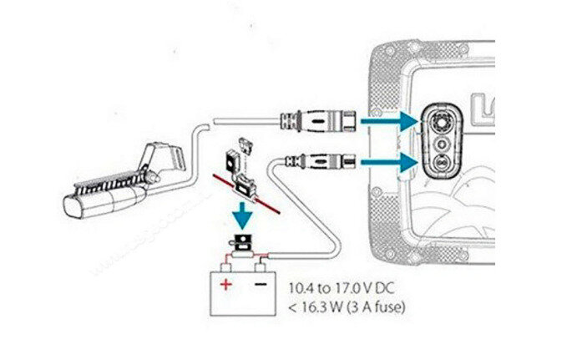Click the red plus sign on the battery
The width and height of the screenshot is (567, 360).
[x=225, y=284]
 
